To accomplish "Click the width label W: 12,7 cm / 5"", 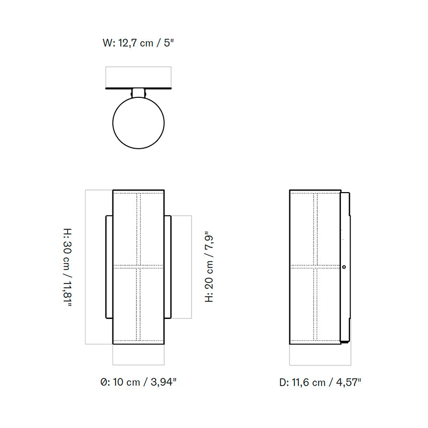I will pyautogui.click(x=139, y=43).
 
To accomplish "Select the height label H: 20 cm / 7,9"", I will pyautogui.click(x=210, y=267).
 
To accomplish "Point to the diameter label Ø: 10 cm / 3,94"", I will pyautogui.click(x=139, y=382).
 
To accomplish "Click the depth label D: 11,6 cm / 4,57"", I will pyautogui.click(x=320, y=382).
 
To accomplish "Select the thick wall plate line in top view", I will pyautogui.click(x=139, y=88).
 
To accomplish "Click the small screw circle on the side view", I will pyautogui.click(x=344, y=266).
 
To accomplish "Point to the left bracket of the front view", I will pyautogui.click(x=109, y=266).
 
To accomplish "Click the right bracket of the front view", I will pyautogui.click(x=168, y=266).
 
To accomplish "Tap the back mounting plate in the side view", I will pyautogui.click(x=346, y=266).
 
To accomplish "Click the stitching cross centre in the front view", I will pyautogui.click(x=139, y=265).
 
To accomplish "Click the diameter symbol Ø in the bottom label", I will pyautogui.click(x=103, y=382).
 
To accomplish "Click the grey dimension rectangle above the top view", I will pyautogui.click(x=139, y=77).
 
